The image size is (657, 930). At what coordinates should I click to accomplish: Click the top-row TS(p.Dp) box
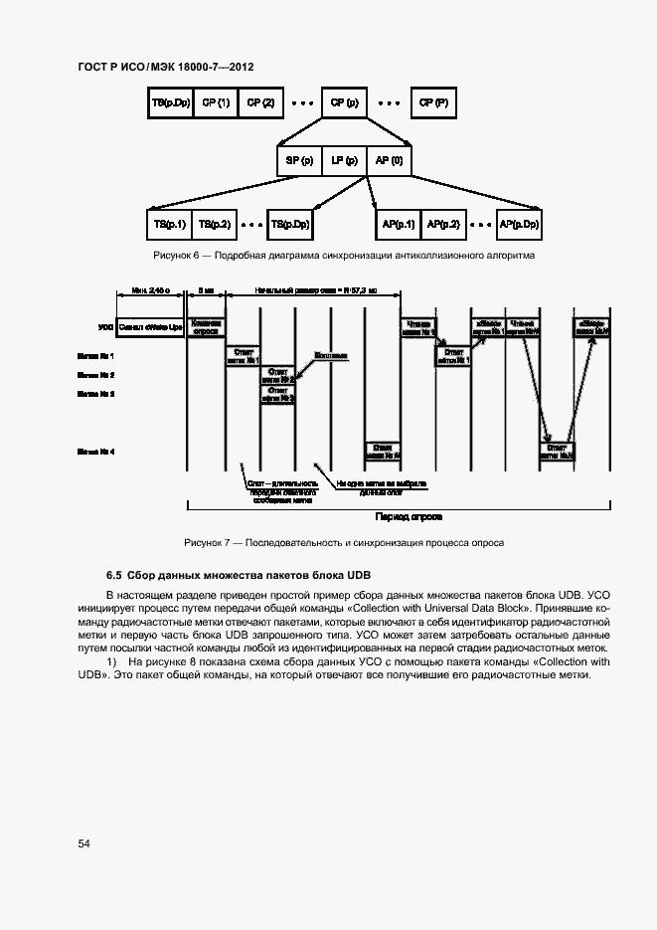tap(169, 103)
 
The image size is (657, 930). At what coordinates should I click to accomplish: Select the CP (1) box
tap(215, 103)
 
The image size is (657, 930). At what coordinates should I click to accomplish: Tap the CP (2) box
tap(261, 103)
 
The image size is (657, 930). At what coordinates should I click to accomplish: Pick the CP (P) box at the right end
tap(433, 103)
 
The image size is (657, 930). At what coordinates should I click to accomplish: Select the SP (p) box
tap(299, 160)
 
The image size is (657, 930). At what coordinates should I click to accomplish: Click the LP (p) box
tap(344, 160)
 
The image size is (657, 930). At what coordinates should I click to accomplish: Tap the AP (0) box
tap(389, 160)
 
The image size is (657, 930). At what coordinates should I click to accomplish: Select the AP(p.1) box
tap(398, 225)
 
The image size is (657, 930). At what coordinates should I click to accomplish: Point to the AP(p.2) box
tap(443, 225)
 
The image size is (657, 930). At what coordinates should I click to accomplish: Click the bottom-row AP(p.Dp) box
tap(519, 225)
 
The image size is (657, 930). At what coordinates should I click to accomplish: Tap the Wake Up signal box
tap(151, 325)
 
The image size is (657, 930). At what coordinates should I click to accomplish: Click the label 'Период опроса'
tap(408, 517)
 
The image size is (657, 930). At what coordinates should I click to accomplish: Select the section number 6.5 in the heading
tap(114, 575)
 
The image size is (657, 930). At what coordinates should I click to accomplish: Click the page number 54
tap(84, 843)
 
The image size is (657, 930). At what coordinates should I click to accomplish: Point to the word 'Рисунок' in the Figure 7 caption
tap(204, 543)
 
